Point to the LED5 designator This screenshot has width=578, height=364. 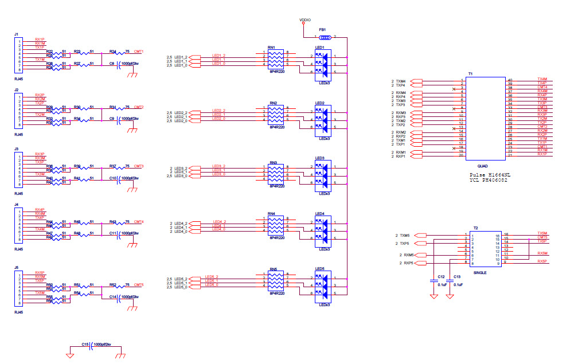click(x=319, y=268)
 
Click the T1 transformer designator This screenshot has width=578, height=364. click(x=470, y=74)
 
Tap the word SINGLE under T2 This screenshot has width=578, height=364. click(x=480, y=273)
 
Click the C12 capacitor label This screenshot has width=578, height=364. click(x=440, y=276)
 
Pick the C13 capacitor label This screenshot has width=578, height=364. click(x=457, y=276)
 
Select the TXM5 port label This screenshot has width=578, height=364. click(x=405, y=235)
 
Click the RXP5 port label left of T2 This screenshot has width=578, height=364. click(x=408, y=263)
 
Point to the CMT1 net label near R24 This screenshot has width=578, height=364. click(x=138, y=51)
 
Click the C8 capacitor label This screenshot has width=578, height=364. click(x=112, y=66)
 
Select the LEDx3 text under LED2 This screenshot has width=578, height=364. click(x=324, y=138)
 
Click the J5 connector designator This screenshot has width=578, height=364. click(x=17, y=267)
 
